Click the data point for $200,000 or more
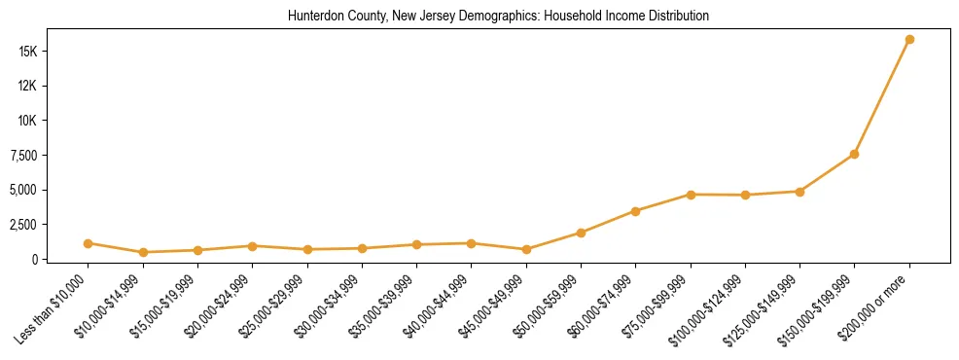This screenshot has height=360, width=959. click(x=909, y=40)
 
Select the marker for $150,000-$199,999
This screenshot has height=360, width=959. click(x=854, y=154)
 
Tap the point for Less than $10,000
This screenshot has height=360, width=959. click(x=89, y=243)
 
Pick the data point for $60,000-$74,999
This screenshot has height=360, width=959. click(x=635, y=211)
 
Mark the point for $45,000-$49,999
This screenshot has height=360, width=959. click(x=526, y=249)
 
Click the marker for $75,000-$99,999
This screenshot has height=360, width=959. click(x=691, y=195)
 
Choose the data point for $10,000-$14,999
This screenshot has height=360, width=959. click(x=143, y=252)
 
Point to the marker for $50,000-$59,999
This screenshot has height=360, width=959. click(x=581, y=233)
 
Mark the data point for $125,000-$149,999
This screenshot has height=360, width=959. click(x=799, y=192)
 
